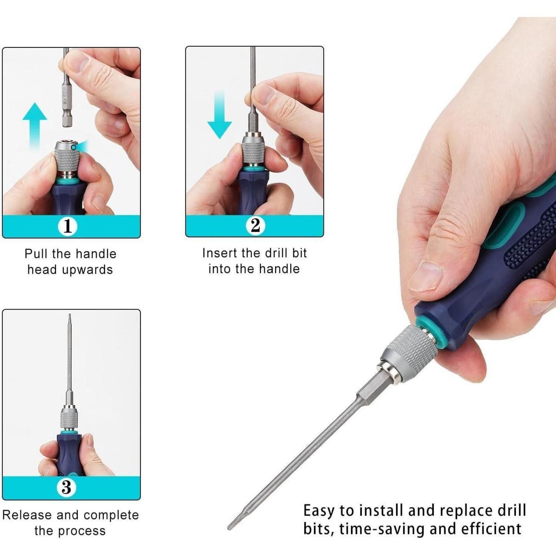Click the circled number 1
point(67,226)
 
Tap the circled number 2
point(255,225)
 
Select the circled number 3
point(67,487)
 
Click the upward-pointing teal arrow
point(35,126)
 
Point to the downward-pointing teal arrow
point(220,115)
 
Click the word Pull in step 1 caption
point(36,254)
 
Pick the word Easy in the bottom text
point(319,511)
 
